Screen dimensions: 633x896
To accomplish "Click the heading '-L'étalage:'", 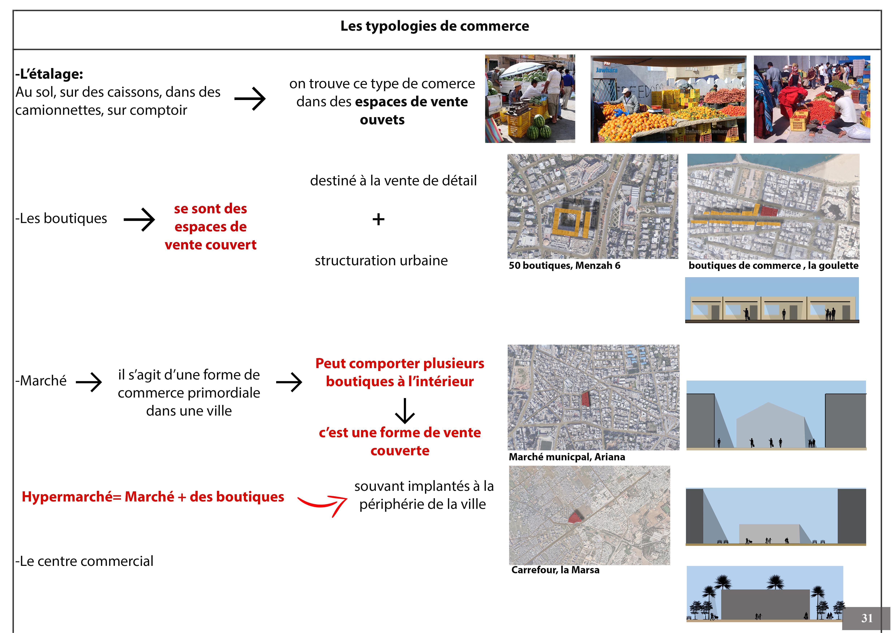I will click(49, 74).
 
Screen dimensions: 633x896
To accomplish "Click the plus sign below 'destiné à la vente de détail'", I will click(378, 219).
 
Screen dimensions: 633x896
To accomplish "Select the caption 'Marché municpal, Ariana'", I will click(567, 457).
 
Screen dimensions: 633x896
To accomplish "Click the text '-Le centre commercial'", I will click(84, 561).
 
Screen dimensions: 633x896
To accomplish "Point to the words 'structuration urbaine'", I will click(381, 260).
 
